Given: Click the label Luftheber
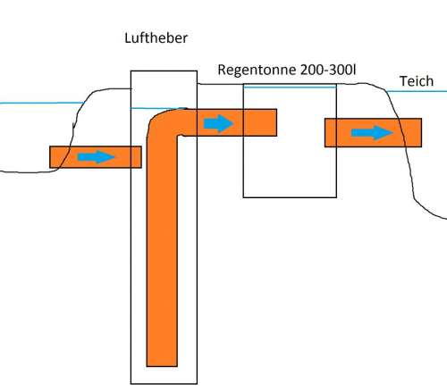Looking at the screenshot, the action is pyautogui.click(x=156, y=38).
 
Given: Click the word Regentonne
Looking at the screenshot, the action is pyautogui.click(x=257, y=71).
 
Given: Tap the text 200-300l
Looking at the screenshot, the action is pyautogui.click(x=328, y=70).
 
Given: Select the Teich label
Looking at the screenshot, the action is pyautogui.click(x=417, y=81).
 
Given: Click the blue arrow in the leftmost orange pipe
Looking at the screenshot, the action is pyautogui.click(x=96, y=157).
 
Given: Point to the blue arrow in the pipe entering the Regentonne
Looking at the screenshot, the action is pyautogui.click(x=218, y=123).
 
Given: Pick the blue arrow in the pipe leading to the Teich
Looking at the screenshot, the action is pyautogui.click(x=372, y=132).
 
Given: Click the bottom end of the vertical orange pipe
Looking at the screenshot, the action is pyautogui.click(x=162, y=365).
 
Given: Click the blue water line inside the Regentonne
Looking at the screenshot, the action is pyautogui.click(x=290, y=87).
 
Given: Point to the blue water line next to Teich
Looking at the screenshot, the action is pyautogui.click(x=417, y=91).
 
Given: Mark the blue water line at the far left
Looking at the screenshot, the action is pyautogui.click(x=42, y=103).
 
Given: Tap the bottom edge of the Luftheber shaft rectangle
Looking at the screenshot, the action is pyautogui.click(x=164, y=384).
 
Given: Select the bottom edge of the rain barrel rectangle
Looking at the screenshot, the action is pyautogui.click(x=290, y=197).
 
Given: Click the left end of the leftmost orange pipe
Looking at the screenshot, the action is pyautogui.click(x=50, y=157).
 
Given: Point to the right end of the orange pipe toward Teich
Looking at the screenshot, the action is pyautogui.click(x=421, y=132).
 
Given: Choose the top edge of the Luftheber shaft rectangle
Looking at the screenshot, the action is pyautogui.click(x=164, y=71).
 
